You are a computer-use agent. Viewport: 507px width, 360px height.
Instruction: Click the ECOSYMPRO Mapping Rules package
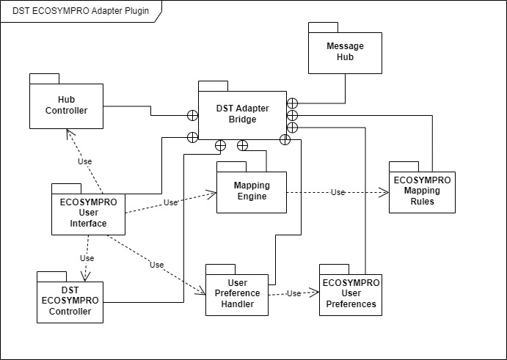(x=422, y=192)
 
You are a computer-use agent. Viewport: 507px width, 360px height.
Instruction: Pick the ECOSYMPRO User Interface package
(x=88, y=213)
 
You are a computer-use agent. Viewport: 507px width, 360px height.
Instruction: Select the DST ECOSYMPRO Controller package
(x=70, y=301)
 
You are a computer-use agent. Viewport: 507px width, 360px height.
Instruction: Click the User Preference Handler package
(x=237, y=293)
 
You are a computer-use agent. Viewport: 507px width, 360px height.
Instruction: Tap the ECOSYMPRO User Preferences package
(x=351, y=293)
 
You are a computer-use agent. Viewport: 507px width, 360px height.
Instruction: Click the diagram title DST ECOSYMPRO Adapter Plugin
(x=81, y=10)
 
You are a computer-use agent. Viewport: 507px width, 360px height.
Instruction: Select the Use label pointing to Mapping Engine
(x=171, y=202)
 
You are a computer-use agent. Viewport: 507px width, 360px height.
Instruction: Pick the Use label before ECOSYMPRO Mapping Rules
(x=338, y=192)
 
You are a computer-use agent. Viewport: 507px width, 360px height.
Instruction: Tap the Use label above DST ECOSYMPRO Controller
(x=87, y=258)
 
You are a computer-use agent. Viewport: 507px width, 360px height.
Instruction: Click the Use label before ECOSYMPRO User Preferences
(x=293, y=293)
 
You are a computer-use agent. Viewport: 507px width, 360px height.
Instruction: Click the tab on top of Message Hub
(x=318, y=27)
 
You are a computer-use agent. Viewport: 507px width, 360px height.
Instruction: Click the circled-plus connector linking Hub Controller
(x=192, y=115)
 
